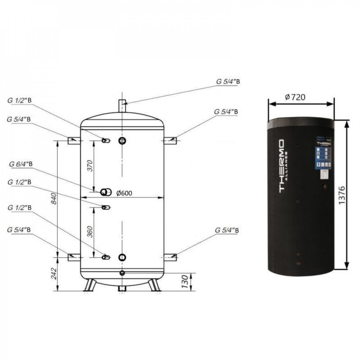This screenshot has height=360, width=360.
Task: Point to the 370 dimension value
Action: click(90, 165)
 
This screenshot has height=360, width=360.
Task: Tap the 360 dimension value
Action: click(90, 232)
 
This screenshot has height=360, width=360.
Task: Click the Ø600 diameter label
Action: click(124, 193)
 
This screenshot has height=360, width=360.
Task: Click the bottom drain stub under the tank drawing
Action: click(122, 289)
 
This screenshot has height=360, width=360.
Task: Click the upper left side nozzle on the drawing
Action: click(74, 141)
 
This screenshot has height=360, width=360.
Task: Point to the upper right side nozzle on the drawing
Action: click(170, 141)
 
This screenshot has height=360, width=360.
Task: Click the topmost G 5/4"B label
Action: click(228, 82)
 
